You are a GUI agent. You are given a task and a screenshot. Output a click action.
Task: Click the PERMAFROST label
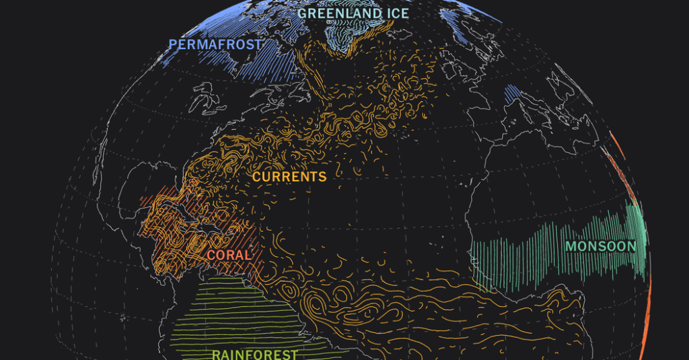(215, 44)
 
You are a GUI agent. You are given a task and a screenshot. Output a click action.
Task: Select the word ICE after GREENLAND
(397, 13)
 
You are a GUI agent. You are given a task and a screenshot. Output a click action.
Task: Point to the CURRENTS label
(289, 177)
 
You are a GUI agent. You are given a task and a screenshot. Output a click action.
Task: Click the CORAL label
(229, 256)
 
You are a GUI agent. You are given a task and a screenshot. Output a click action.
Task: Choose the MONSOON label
(600, 246)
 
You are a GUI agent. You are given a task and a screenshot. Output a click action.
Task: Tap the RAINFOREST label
(254, 354)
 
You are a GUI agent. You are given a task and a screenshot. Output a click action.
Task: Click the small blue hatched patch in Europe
(513, 95)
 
